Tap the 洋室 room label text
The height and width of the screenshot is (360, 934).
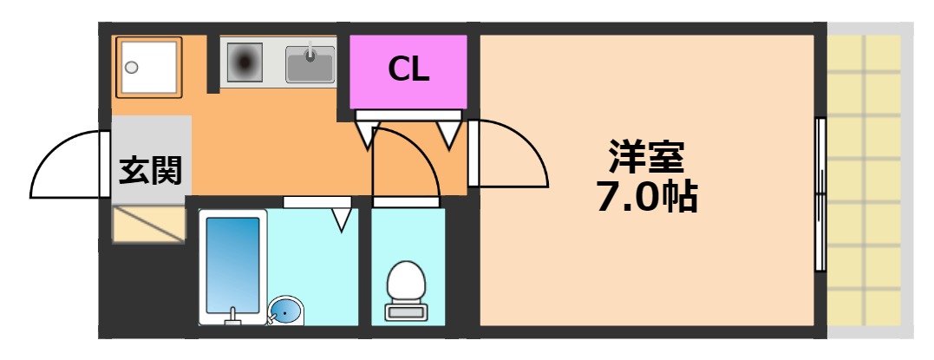click(x=646, y=157)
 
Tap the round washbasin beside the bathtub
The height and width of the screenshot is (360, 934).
click(x=285, y=310)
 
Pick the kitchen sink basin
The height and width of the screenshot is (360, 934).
click(x=310, y=62)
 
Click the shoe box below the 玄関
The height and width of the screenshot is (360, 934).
click(x=149, y=224)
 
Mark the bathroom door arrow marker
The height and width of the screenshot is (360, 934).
click(x=342, y=219)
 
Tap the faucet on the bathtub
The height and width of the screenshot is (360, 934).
click(x=232, y=316)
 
